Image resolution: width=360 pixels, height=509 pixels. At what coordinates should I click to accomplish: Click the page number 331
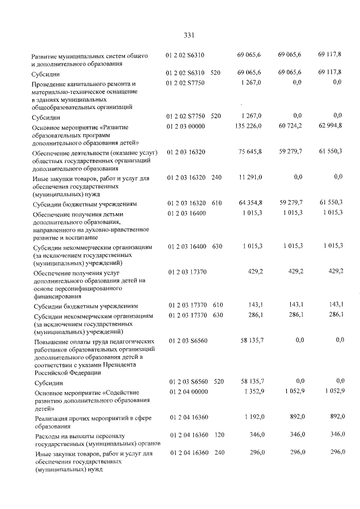(188, 35)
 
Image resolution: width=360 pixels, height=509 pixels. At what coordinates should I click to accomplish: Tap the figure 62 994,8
(330, 127)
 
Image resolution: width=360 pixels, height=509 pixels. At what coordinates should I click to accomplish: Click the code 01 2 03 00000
(185, 127)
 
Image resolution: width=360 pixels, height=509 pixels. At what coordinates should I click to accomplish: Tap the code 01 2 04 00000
(185, 392)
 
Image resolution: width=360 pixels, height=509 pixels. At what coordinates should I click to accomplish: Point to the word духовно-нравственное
(114, 229)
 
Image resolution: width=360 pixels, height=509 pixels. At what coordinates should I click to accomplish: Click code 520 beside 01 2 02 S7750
(215, 116)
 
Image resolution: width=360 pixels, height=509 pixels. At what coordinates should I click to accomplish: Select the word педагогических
(130, 341)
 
